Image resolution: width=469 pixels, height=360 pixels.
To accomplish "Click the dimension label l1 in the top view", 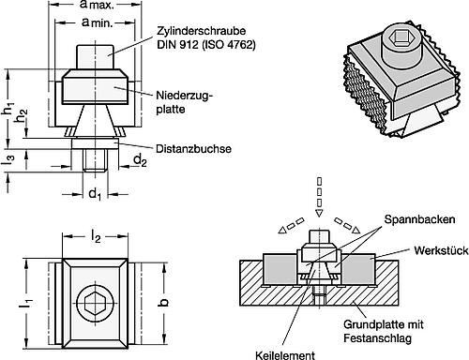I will [x=27, y=302].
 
